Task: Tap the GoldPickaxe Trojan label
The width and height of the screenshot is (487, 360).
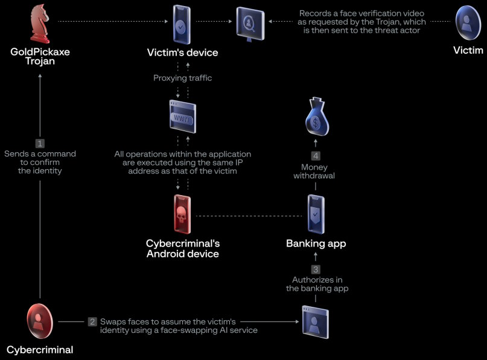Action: tap(40, 57)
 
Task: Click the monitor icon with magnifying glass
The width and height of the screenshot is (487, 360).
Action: tap(250, 23)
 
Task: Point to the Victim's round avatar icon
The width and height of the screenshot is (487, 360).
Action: tap(468, 22)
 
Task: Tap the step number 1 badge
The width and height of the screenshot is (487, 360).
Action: tap(40, 143)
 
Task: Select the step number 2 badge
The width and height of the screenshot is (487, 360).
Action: tap(92, 321)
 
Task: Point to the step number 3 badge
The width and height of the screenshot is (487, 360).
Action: tap(316, 269)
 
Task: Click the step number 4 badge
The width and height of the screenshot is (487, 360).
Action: tap(316, 155)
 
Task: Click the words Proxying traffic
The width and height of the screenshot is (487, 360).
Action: tap(182, 78)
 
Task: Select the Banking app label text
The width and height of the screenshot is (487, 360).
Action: tap(316, 244)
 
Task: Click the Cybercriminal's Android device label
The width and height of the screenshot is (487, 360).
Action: tap(182, 248)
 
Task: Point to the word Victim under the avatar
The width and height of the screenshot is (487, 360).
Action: tap(468, 51)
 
